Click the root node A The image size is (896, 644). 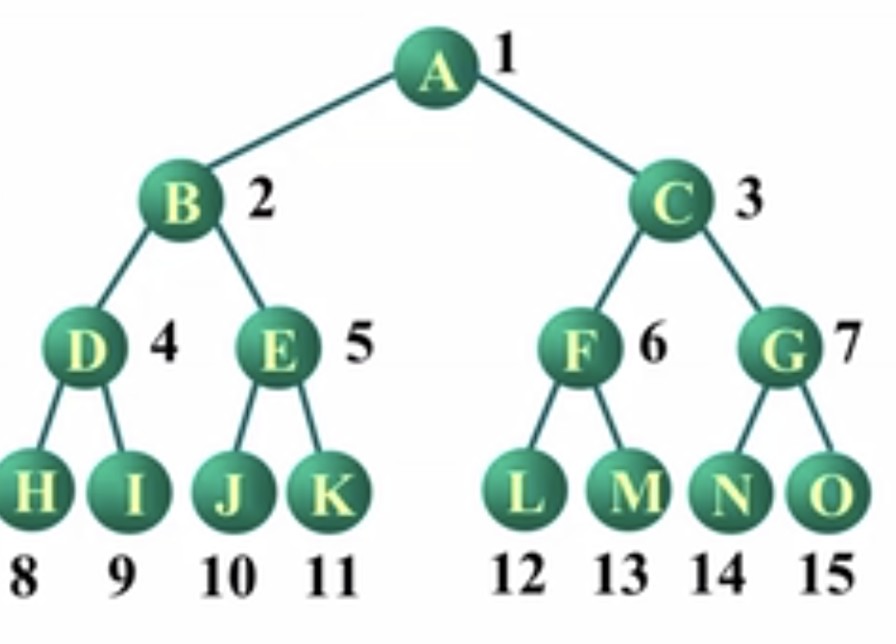click(435, 69)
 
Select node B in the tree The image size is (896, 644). click(180, 200)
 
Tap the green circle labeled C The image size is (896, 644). click(670, 200)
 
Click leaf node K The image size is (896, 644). click(329, 491)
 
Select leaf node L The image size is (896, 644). click(524, 491)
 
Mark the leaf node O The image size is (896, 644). click(828, 491)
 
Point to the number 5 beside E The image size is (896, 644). click(359, 342)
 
